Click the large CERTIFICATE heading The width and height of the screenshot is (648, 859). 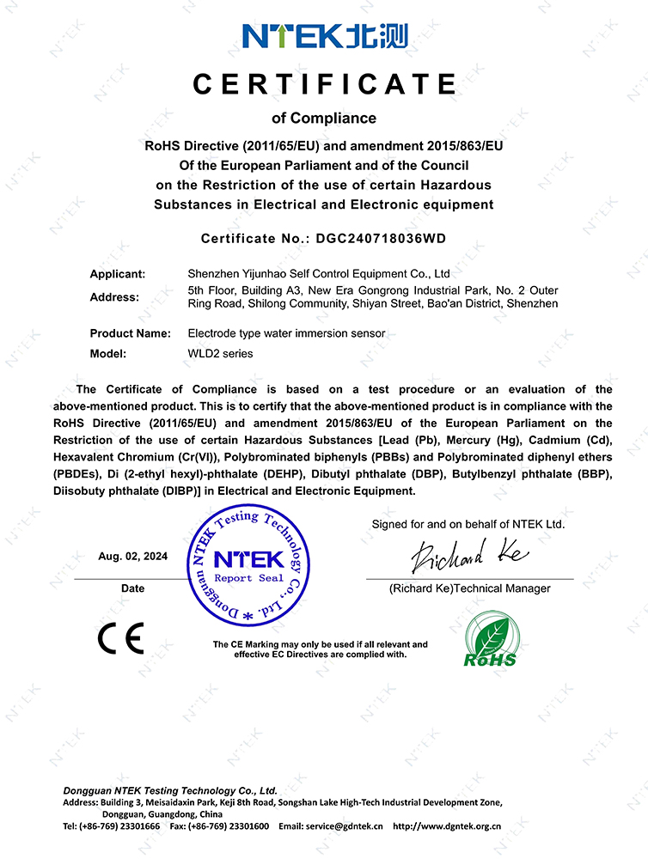coord(325,84)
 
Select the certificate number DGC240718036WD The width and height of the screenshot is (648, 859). coord(383,237)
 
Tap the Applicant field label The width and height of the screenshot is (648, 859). coord(118,274)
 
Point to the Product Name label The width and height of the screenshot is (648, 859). coord(130,332)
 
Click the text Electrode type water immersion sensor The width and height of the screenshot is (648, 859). coord(286,332)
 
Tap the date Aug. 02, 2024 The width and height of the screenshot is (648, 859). coord(133,556)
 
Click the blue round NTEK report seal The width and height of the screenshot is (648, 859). coord(248,566)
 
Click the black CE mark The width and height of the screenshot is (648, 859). coord(120,637)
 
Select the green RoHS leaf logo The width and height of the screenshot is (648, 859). coord(491,639)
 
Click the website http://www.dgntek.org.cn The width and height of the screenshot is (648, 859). coord(447,825)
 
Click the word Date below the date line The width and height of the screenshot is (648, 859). coord(132,588)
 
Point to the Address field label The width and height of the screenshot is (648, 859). coord(114,297)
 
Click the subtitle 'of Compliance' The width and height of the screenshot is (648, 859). coord(324,118)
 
